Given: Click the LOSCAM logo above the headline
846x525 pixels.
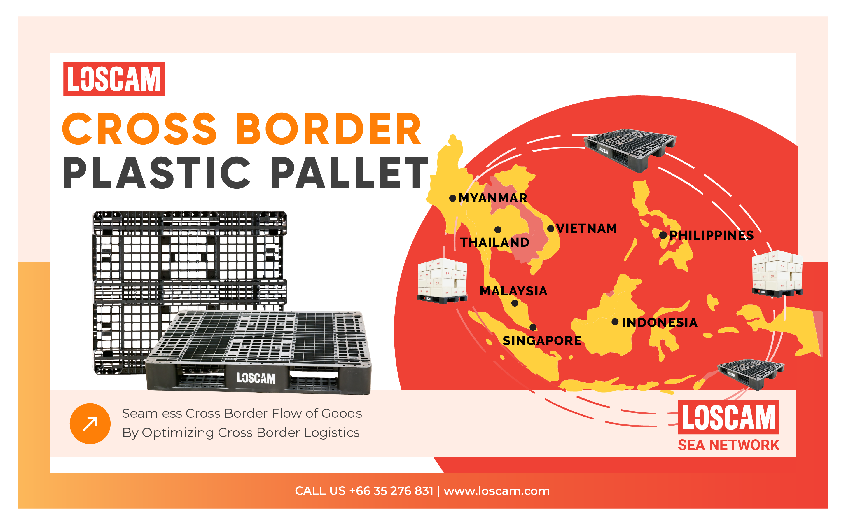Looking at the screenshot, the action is (114, 79).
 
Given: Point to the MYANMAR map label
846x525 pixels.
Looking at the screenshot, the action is (493, 198).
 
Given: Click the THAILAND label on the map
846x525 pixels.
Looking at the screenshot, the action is (494, 242).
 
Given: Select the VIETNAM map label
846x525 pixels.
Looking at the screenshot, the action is (587, 228).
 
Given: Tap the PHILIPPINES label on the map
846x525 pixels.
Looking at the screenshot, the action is (712, 235).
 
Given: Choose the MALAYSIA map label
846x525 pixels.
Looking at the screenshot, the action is (513, 291).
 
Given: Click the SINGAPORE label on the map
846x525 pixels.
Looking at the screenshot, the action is (542, 341).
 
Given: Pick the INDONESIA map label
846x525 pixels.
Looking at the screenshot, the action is (660, 323).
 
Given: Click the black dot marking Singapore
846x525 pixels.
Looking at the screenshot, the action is (533, 327).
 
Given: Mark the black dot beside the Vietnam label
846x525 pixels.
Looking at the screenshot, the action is (551, 228).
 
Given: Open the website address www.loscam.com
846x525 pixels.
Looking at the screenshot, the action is (497, 491).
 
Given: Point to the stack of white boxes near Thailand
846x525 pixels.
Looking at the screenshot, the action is (442, 281).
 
